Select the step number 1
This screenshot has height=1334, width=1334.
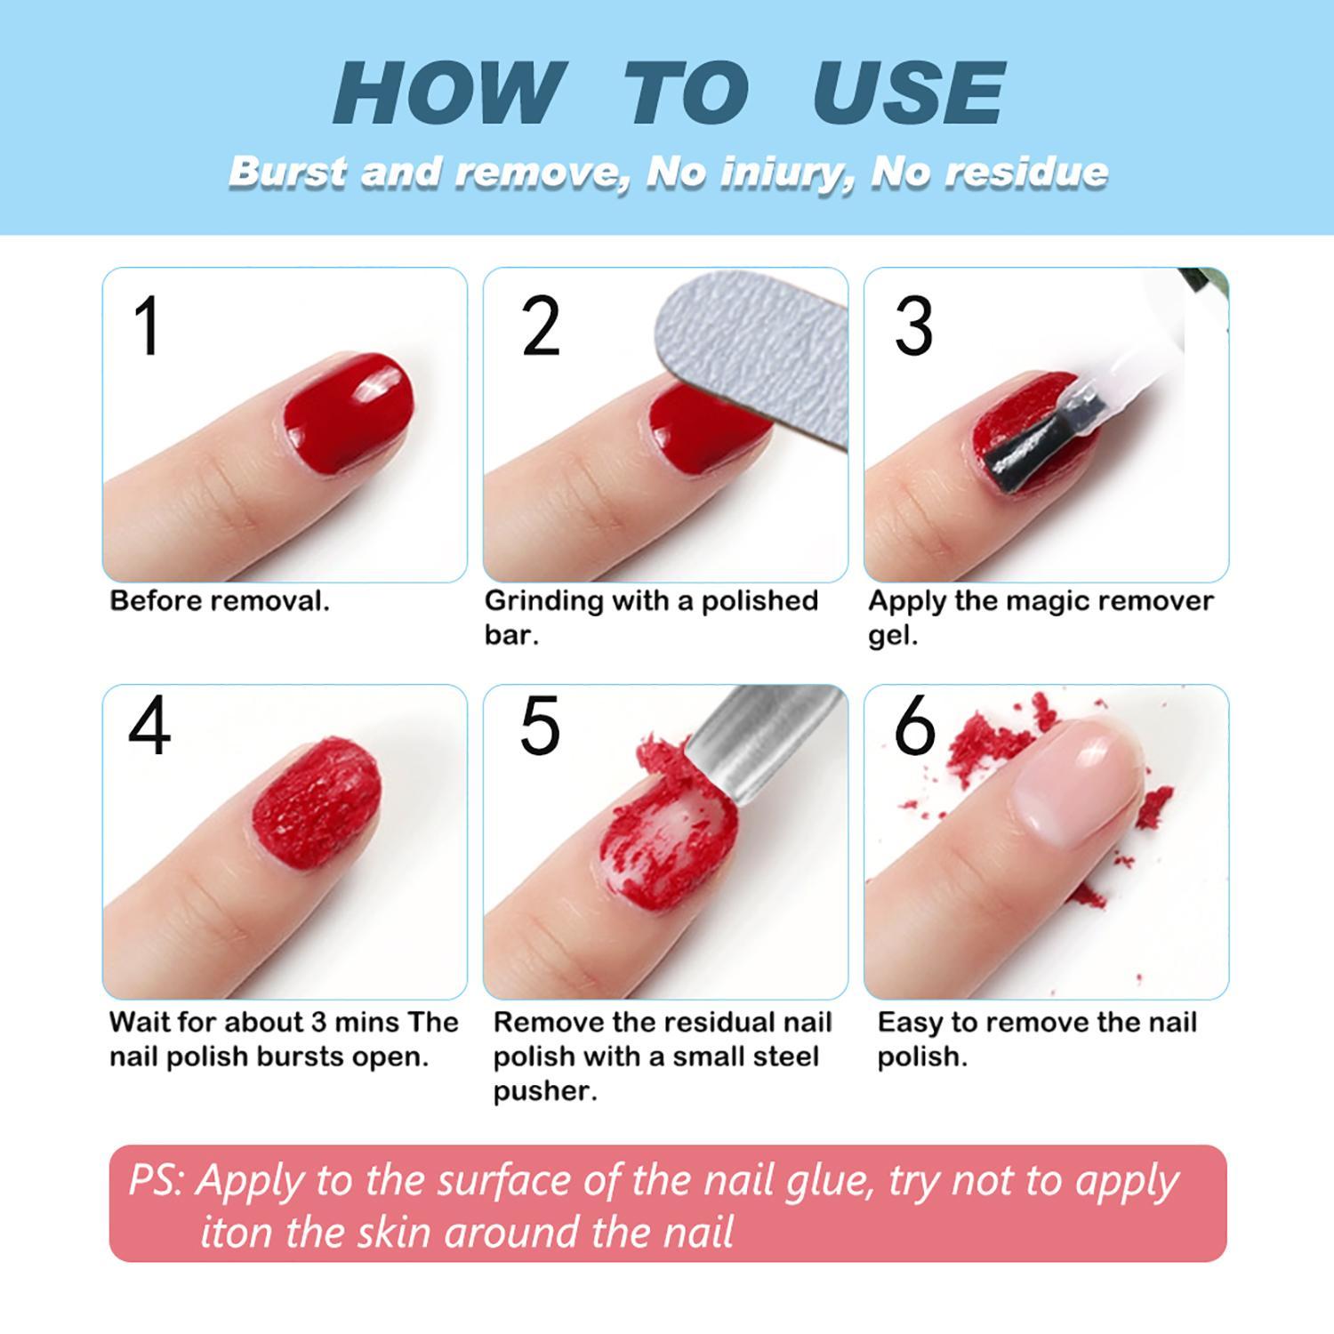148,326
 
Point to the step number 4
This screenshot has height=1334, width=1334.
149,727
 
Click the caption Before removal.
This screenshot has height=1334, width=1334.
219,601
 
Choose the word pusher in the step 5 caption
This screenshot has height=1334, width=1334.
544,1091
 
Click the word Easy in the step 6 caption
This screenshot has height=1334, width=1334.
910,1023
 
